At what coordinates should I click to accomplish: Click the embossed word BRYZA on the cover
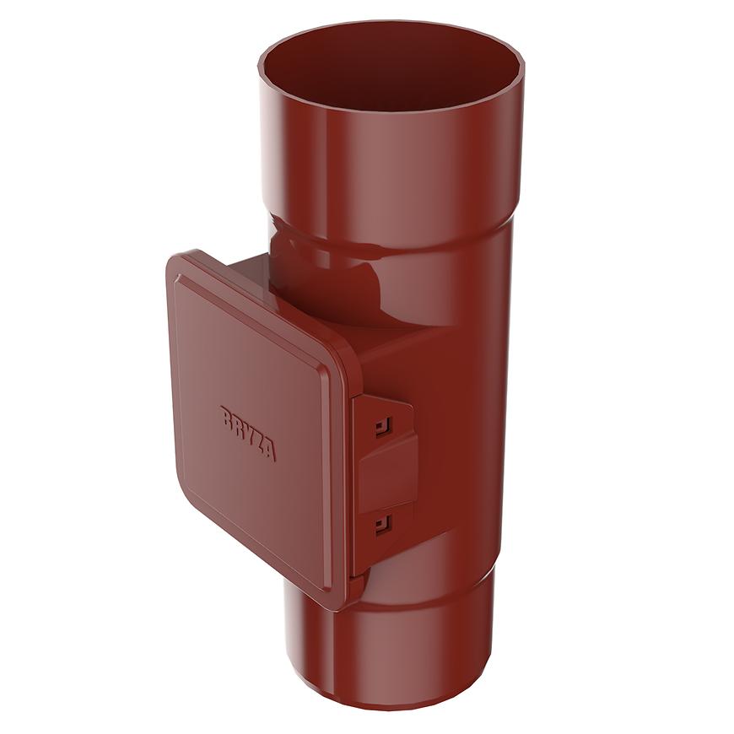click(247, 433)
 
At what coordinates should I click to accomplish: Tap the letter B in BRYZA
click(226, 416)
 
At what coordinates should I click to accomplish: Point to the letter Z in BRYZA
click(257, 441)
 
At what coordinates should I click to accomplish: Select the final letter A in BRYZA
click(269, 451)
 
